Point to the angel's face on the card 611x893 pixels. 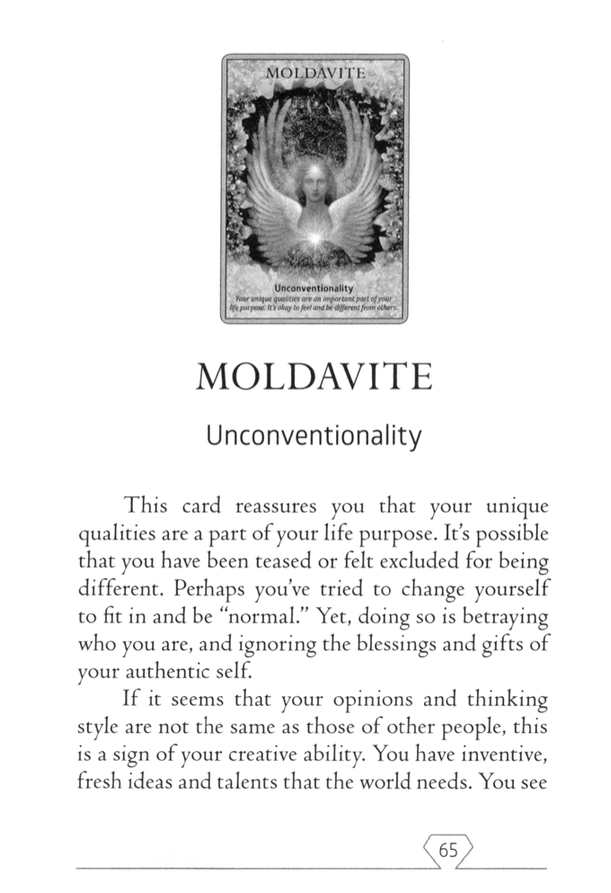(315, 183)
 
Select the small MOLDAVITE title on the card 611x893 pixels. (314, 70)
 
